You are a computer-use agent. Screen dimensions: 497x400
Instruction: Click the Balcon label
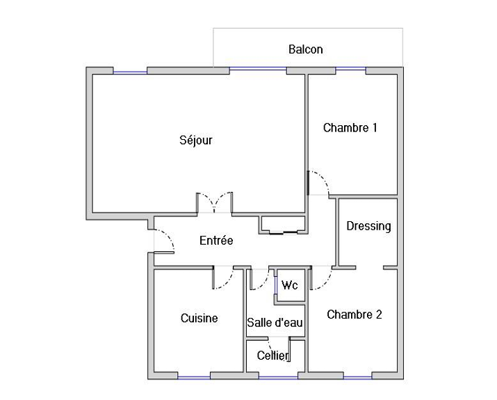[306, 49]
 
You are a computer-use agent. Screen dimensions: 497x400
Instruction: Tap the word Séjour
[196, 140]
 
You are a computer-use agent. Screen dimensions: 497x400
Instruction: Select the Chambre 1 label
[350, 128]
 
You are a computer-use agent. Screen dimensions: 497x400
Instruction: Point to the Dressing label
[368, 226]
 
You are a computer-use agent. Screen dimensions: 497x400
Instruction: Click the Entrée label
[216, 241]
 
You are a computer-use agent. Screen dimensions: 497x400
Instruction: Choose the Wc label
[290, 285]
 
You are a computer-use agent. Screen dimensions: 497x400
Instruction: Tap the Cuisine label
[199, 318]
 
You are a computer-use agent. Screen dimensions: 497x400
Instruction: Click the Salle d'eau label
[275, 323]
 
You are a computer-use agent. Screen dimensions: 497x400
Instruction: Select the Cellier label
[273, 355]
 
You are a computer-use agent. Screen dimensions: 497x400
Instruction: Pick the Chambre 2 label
[355, 314]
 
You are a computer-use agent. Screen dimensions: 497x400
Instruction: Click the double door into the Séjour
[215, 202]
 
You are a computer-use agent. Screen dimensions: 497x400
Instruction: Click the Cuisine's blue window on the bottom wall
[194, 378]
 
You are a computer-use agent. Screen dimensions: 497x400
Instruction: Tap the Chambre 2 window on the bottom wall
[357, 378]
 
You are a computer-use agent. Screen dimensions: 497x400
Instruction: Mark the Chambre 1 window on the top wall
[350, 68]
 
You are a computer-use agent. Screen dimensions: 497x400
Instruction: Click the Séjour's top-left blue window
[130, 72]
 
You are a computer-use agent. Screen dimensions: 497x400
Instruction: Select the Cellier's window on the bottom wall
[278, 378]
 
